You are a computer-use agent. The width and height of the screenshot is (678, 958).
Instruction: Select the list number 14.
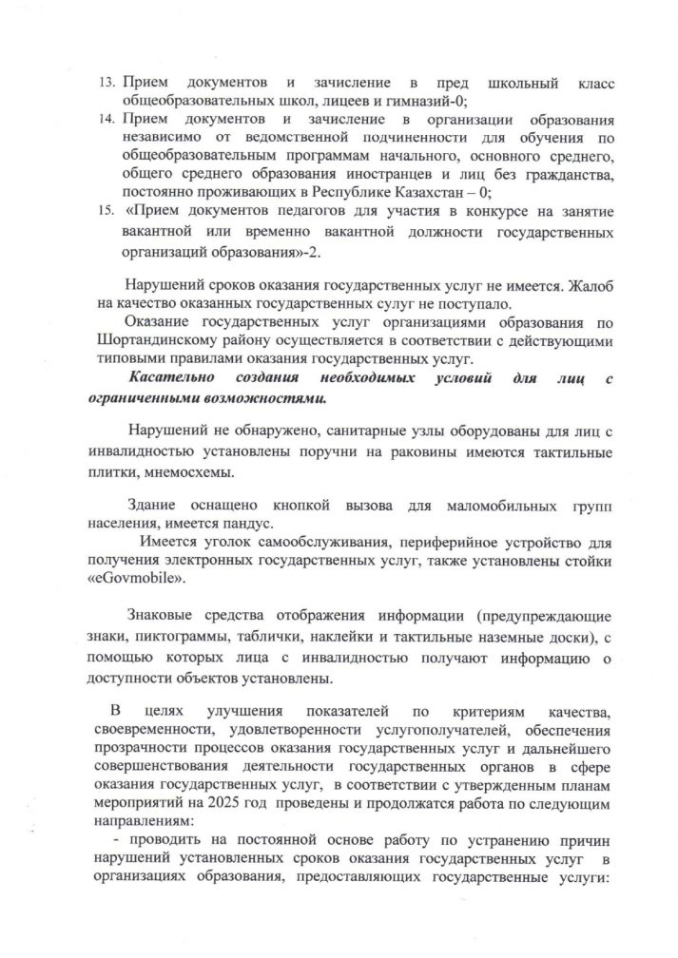(108, 122)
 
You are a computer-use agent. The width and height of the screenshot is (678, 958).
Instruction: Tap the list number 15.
(108, 203)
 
